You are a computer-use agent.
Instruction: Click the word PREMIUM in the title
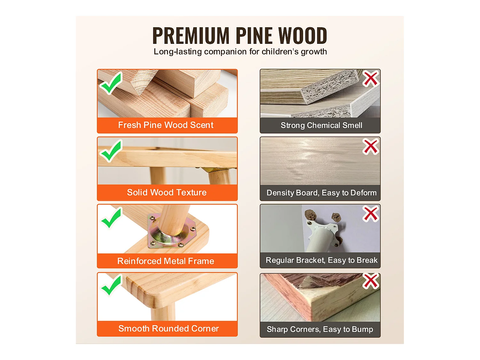point(191,36)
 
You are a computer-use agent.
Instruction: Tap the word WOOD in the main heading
point(303,36)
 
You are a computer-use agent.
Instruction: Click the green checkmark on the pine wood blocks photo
point(111,83)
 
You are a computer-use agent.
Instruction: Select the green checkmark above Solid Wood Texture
point(111,151)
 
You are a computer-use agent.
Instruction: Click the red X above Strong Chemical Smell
point(371,78)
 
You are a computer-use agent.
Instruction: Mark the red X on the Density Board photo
point(371,147)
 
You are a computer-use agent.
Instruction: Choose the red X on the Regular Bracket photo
point(371,213)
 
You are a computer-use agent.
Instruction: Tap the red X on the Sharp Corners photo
point(371,281)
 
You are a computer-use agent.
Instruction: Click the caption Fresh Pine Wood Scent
point(166,125)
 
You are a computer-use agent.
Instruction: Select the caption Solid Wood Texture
point(167,192)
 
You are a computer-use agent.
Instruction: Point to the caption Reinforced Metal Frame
point(166,261)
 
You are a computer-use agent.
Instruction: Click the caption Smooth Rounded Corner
point(169,329)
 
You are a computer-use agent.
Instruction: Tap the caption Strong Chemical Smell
point(322,125)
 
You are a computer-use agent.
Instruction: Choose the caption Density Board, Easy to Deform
point(322,193)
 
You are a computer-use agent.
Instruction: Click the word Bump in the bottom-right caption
point(362,329)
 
